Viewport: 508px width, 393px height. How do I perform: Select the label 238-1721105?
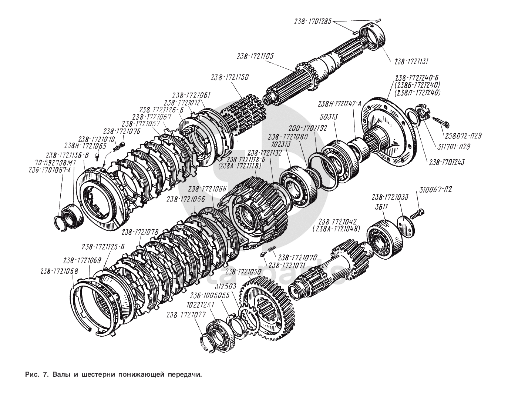pos(255,56)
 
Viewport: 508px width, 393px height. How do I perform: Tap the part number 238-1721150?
pos(230,78)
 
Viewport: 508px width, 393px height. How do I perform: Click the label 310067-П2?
pos(435,190)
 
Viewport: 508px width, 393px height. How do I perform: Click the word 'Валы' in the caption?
pos(60,374)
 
